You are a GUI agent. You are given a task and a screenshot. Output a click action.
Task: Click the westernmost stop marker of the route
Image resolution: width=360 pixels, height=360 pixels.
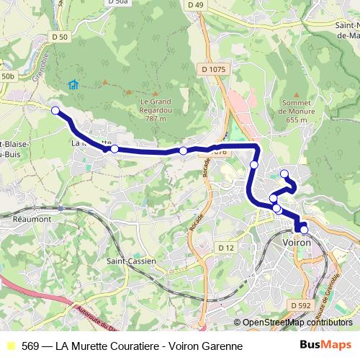click(55, 110)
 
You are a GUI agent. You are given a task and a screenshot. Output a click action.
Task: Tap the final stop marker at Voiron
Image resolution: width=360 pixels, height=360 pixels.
click(304, 230)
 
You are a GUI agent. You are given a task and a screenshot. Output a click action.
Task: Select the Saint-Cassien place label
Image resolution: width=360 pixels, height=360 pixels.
click(130, 261)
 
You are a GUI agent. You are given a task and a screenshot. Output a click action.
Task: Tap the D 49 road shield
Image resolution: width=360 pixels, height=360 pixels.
click(195, 4)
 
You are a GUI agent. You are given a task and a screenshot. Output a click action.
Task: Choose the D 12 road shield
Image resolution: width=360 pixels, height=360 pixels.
click(226, 248)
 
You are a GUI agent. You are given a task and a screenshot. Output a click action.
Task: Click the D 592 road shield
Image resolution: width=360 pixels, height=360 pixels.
click(302, 305)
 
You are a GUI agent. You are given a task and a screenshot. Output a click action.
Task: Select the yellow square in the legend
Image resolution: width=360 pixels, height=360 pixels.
click(10, 346)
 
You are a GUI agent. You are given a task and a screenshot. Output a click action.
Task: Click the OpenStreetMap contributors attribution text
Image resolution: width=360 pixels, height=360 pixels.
click(297, 323)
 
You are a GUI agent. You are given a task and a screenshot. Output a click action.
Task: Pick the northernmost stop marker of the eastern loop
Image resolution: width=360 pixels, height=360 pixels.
click(284, 173)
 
